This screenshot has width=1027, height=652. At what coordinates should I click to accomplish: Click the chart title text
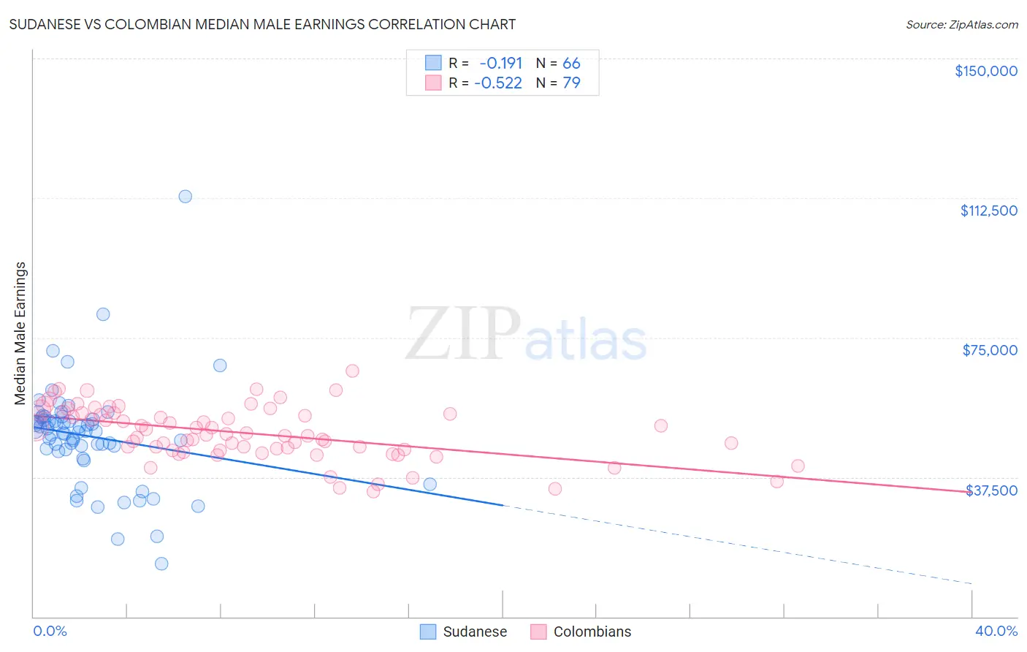click(262, 24)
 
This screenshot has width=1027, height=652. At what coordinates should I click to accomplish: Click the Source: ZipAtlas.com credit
click(961, 24)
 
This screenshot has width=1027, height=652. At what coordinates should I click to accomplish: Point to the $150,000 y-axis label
click(985, 71)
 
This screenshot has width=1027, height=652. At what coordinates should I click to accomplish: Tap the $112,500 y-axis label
click(988, 211)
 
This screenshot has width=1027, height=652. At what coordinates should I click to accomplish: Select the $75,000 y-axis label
click(990, 350)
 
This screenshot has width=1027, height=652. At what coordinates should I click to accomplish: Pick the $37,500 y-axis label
click(991, 490)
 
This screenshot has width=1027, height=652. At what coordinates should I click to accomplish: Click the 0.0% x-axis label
click(50, 631)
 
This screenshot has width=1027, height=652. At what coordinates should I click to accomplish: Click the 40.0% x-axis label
click(996, 631)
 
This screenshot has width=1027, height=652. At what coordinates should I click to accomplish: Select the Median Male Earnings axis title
click(20, 333)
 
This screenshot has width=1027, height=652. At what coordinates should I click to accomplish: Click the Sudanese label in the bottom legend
click(475, 632)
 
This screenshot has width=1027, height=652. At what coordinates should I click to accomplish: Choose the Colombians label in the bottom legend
click(592, 632)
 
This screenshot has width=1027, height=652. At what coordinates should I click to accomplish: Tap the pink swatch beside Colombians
click(538, 632)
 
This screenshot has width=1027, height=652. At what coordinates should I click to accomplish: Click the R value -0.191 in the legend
click(500, 64)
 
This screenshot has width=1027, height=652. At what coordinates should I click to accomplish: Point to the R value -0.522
click(498, 83)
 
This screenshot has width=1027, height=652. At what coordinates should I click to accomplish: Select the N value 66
click(571, 64)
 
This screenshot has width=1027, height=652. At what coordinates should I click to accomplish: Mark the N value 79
click(571, 83)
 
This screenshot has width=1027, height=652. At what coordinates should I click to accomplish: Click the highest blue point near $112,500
click(186, 197)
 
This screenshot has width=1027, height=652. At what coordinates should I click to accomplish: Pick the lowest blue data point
click(161, 564)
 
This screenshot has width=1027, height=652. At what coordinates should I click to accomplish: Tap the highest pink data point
click(352, 371)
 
